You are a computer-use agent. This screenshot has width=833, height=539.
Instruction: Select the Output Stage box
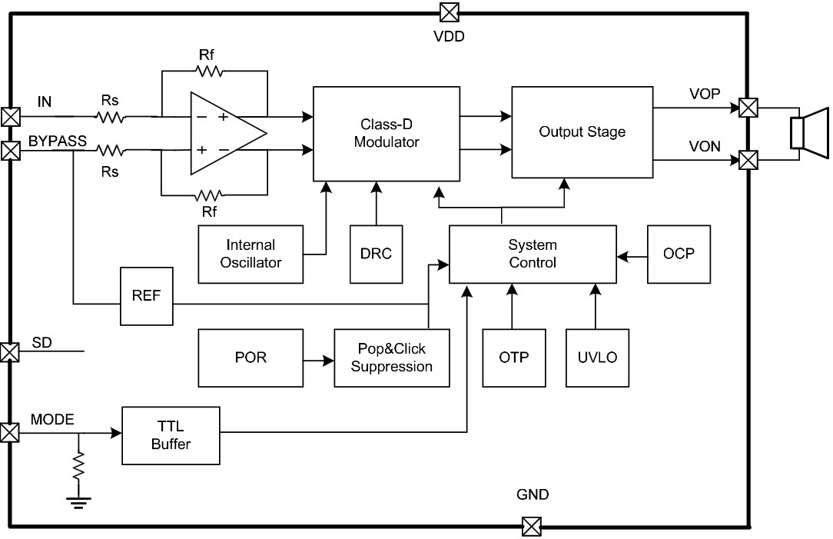coord(582,132)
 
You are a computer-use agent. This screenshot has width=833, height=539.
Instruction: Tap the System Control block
coord(532,254)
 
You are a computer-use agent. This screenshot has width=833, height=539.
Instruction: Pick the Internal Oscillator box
coord(251,254)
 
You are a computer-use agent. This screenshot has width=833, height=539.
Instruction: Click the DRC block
coord(376,254)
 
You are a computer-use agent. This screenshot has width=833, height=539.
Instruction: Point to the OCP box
coord(679,254)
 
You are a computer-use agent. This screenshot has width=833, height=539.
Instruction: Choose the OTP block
coord(513,358)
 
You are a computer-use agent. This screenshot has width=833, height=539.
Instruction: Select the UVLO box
coord(597,358)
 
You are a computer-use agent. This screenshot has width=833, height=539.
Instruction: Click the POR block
coord(251,358)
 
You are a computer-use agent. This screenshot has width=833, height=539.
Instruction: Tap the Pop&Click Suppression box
coord(391,358)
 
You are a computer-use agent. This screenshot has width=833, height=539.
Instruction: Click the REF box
coord(146,296)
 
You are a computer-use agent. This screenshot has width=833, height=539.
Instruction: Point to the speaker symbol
coord(810,132)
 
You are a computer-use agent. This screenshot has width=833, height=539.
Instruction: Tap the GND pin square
coord(531,527)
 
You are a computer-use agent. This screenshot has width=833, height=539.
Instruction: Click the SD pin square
coord(9,352)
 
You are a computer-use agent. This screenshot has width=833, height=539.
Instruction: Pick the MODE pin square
coord(9,433)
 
